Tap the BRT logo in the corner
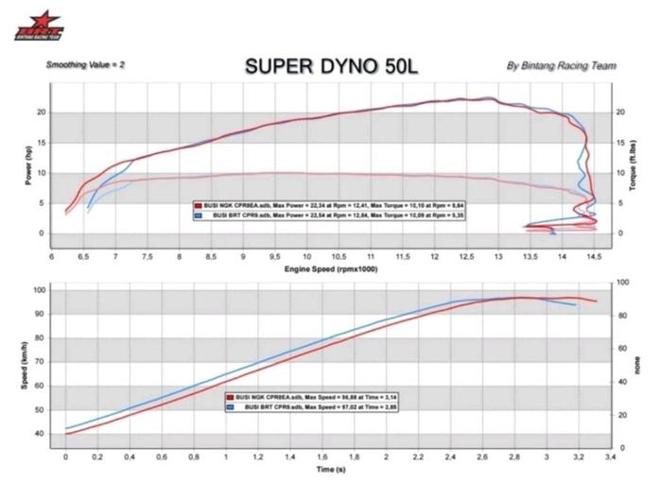click(x=39, y=26)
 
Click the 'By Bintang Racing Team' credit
click(x=562, y=66)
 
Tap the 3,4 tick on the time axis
click(x=611, y=457)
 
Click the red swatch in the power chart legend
click(x=197, y=204)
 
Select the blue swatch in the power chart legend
click(x=197, y=216)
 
